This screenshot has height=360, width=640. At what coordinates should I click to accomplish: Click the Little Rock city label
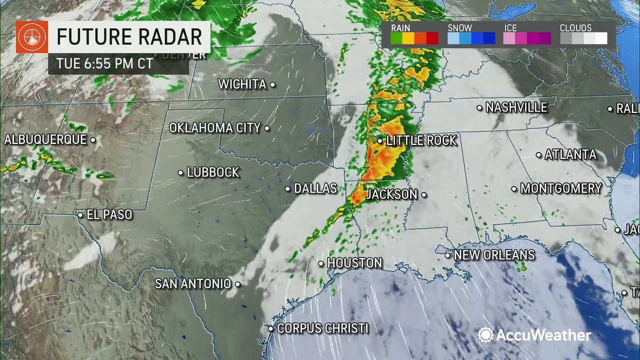point(421,140)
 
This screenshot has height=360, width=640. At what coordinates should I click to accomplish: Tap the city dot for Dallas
point(288,189)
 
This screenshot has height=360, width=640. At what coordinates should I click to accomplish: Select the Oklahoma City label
point(215,128)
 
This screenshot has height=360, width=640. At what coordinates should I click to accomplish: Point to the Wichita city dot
point(272,85)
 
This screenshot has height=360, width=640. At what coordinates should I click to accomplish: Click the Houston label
point(354,263)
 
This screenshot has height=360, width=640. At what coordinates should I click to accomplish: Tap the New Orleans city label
point(494,255)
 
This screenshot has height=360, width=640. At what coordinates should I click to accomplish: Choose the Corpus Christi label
point(322,328)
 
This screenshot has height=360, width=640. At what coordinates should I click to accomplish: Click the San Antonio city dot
point(237,284)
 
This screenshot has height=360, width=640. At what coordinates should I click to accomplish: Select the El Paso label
point(109,215)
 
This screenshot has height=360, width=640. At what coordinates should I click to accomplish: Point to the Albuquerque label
point(45,140)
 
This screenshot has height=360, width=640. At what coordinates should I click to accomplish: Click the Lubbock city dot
point(180,172)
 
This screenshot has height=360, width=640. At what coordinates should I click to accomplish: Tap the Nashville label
point(516,107)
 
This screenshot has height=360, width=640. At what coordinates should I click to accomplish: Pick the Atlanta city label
point(570,155)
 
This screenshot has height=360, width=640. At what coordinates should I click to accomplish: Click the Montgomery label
point(560,188)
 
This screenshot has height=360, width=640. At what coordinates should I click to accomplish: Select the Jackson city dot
point(423,194)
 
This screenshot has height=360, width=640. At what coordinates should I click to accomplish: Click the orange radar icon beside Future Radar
point(31,36)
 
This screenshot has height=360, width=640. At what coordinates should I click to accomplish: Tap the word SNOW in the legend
point(459,28)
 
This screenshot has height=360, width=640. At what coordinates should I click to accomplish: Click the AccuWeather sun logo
point(485,335)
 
